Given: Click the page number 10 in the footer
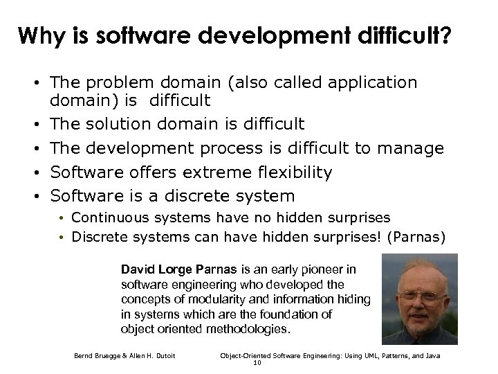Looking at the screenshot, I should coord(258,362).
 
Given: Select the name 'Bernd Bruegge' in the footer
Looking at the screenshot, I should coord(97,356).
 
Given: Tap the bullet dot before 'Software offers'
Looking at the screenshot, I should coord(43,172).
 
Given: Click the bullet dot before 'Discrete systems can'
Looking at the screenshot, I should coord(62,235).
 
